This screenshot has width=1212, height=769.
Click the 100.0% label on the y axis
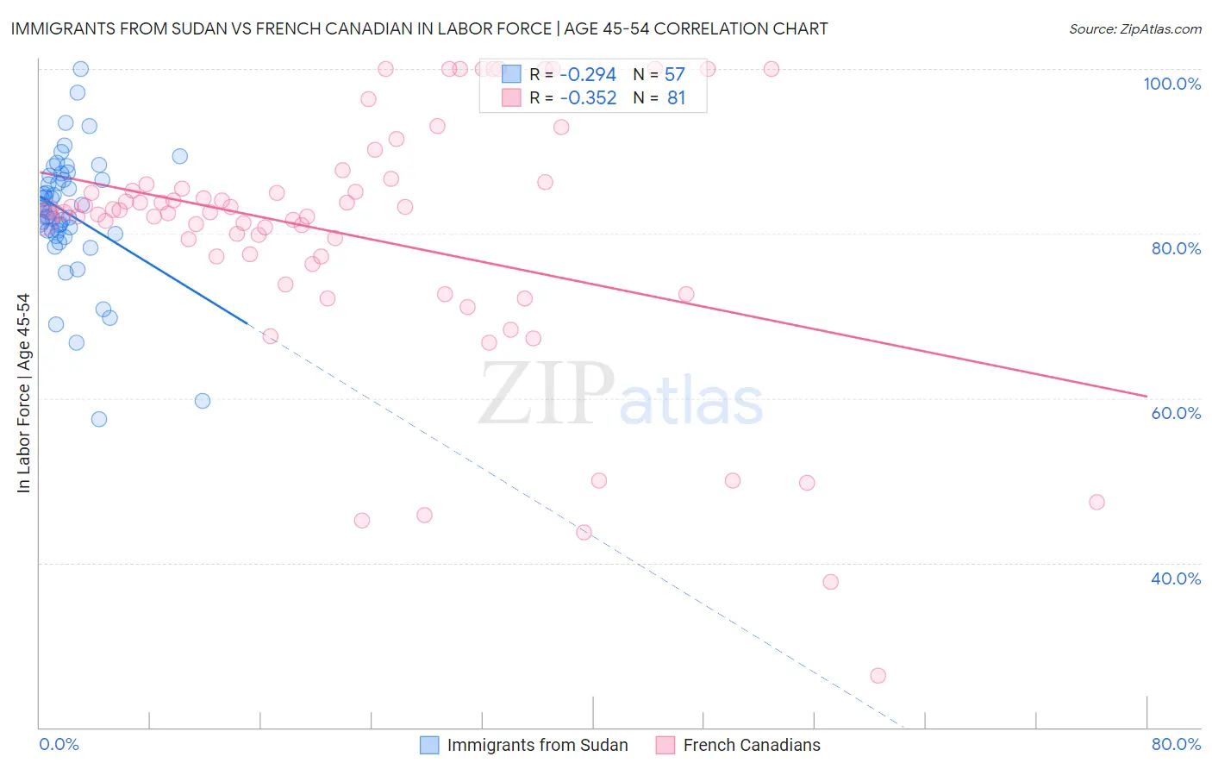(1171, 84)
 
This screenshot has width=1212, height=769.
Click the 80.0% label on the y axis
(1176, 248)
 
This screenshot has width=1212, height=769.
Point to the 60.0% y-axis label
(1176, 413)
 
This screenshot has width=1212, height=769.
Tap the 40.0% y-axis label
(1176, 578)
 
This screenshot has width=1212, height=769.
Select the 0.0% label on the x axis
(59, 744)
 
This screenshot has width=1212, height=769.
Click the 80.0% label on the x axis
(1176, 744)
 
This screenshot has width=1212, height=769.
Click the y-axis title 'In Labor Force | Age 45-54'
(23, 393)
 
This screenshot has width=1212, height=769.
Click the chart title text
(419, 28)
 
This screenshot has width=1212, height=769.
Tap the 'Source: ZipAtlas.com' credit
(1134, 28)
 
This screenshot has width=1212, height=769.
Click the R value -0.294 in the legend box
(588, 75)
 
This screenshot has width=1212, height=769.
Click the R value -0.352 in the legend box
(588, 98)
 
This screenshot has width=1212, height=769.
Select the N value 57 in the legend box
(674, 75)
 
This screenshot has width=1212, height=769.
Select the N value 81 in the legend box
(676, 98)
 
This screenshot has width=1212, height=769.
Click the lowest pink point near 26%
(878, 676)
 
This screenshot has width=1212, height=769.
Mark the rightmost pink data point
(1096, 502)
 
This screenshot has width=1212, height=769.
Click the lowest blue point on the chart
(99, 419)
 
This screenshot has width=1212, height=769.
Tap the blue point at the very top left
(81, 69)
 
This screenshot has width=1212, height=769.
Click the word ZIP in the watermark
(547, 394)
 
